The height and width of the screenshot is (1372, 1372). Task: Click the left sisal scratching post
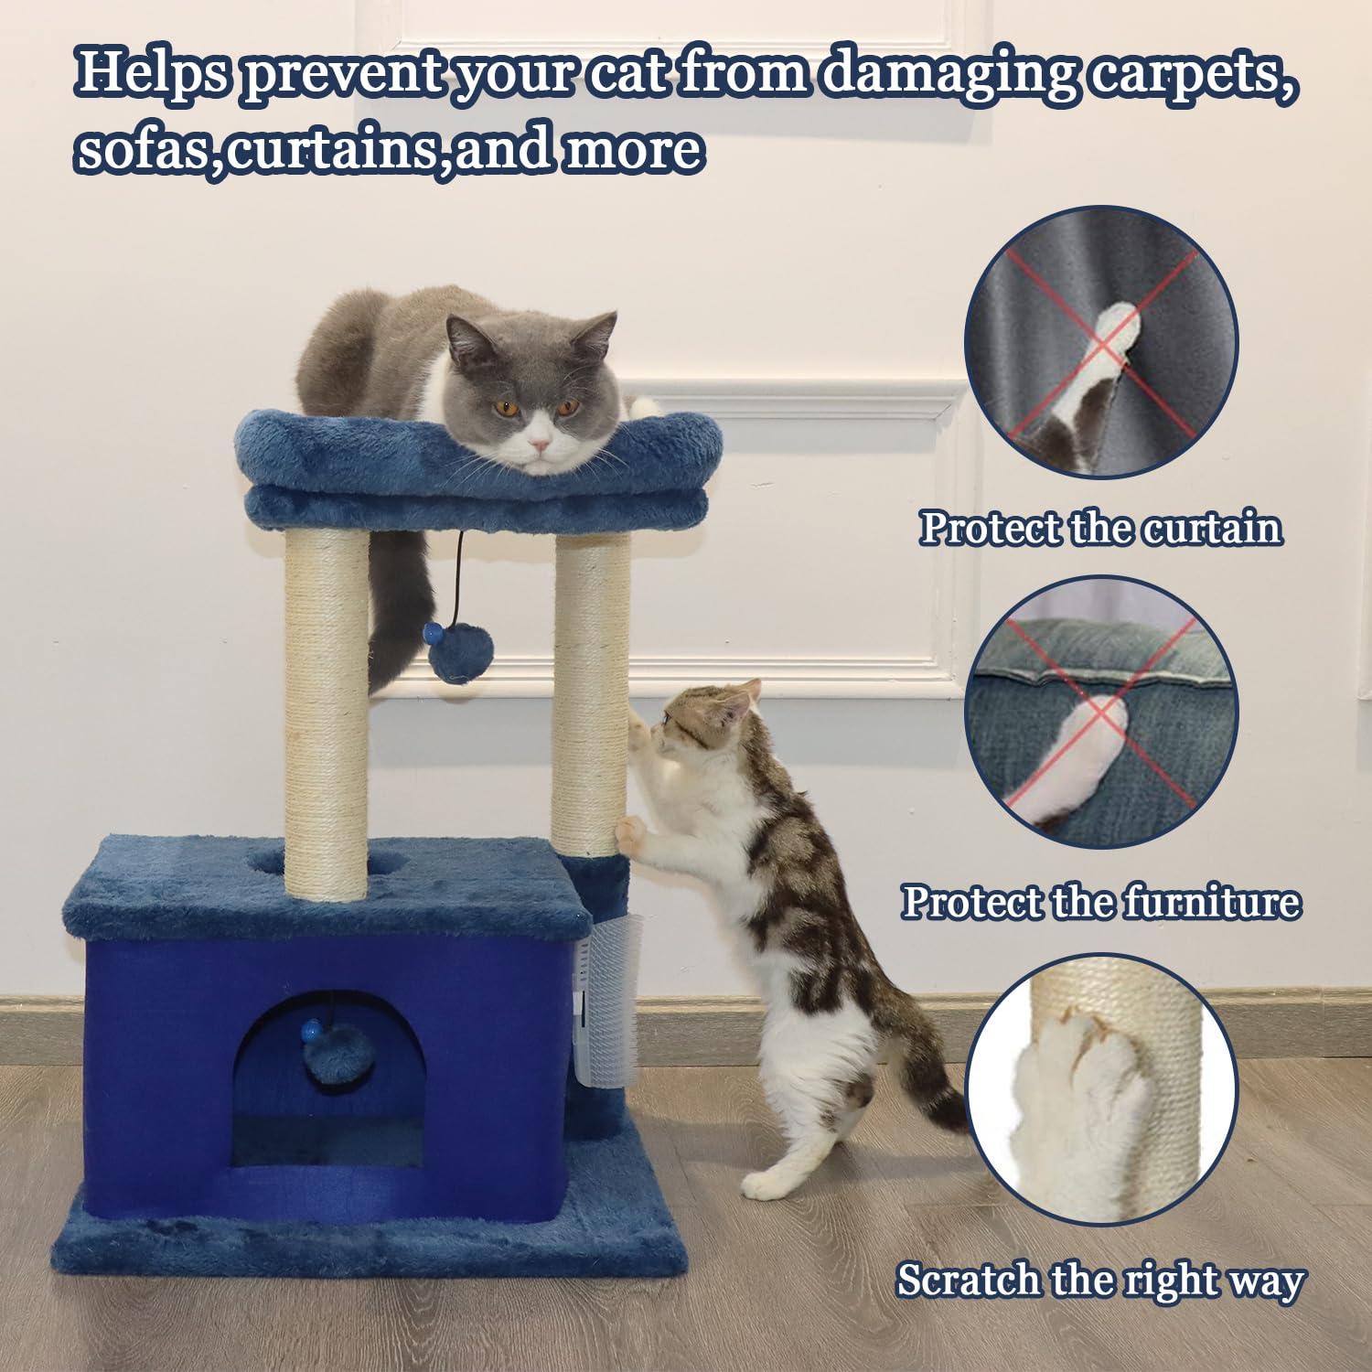click(x=326, y=713)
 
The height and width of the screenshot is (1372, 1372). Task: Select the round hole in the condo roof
click(x=274, y=860)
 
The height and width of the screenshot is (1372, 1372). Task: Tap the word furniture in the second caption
click(x=1211, y=902)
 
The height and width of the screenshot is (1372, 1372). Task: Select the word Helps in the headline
click(x=151, y=73)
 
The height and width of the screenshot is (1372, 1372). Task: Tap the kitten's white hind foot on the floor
click(x=768, y=1184)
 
